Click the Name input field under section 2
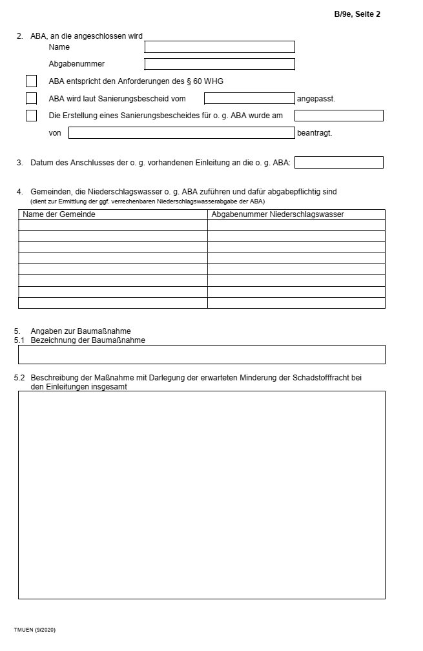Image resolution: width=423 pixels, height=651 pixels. coord(220,47)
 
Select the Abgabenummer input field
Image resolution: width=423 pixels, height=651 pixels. coord(220,64)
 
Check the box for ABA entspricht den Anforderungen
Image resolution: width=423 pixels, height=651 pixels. coord(31,81)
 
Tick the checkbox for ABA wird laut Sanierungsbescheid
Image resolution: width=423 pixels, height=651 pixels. coord(31,99)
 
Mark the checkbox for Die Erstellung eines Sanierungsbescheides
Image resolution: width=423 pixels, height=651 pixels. coord(31,116)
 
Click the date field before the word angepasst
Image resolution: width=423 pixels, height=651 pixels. coord(249,99)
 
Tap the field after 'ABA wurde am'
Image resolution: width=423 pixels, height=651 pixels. coord(338,116)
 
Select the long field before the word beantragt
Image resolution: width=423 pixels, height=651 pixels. coord(181,133)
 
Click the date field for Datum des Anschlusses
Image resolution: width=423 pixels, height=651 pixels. coord(338,163)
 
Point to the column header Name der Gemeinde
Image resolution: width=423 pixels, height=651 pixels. coord(59,214)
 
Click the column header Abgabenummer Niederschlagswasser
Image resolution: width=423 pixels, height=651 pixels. coord(278,214)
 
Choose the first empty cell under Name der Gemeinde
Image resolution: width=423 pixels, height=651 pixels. coord(113,225)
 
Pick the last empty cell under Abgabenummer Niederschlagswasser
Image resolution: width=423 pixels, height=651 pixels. coord(296,303)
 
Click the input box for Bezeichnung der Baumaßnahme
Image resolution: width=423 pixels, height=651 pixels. coord(201,355)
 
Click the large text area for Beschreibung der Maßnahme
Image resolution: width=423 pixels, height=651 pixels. coord(201,495)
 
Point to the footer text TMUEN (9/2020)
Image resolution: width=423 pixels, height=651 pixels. coord(35,629)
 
